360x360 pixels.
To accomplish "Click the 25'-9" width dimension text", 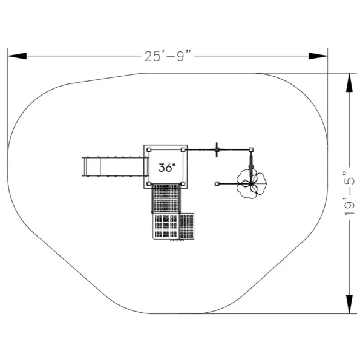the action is point(168,56).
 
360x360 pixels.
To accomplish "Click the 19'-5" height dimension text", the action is point(350,193).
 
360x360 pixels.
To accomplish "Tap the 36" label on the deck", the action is point(167,168).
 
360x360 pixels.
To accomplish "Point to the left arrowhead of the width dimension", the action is point(17,56).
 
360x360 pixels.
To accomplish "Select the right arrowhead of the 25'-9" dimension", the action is point(318,56).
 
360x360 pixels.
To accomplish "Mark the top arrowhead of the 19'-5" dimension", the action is point(350,83).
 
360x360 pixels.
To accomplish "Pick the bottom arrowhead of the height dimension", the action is point(350,304).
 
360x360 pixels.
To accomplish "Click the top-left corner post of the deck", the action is point(149,149).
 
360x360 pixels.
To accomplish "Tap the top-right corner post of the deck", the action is point(183,149).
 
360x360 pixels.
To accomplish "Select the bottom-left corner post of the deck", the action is point(149,183).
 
